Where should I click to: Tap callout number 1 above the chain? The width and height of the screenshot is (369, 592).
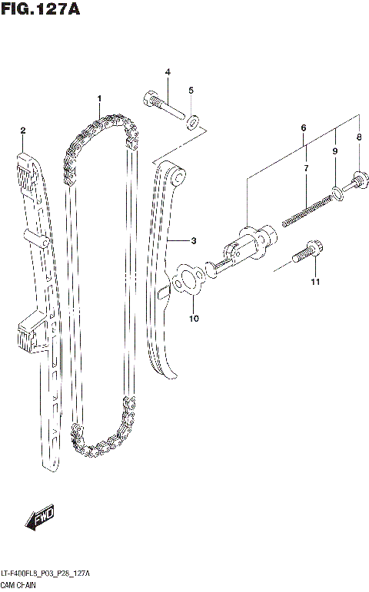[x=99, y=99]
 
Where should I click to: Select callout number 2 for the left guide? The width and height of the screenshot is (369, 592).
[x=23, y=130]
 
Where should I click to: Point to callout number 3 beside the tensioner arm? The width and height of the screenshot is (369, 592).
[x=194, y=241]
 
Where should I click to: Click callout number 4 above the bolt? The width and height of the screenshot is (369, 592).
[x=167, y=72]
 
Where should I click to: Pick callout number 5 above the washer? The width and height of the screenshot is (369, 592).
[x=191, y=90]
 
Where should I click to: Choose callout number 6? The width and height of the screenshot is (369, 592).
[x=304, y=127]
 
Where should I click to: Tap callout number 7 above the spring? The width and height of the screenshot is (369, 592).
[x=305, y=167]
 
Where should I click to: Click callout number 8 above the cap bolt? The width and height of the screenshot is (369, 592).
[x=357, y=137]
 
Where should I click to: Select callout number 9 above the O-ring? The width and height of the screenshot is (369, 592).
[x=335, y=152]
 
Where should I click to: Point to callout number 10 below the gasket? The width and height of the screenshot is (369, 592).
[x=193, y=318]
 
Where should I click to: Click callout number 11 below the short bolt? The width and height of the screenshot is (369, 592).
[x=314, y=285]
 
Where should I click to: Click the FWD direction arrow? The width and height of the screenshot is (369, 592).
[x=38, y=520]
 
